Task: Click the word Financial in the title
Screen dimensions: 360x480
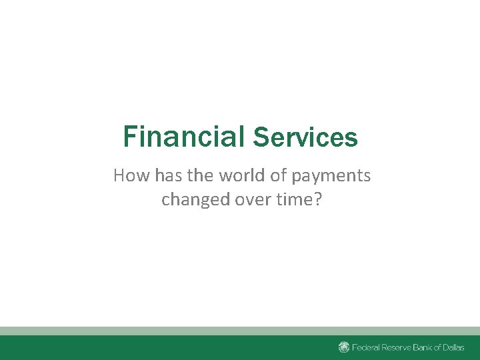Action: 184,137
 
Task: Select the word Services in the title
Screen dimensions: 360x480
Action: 305,138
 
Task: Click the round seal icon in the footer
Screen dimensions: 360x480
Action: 344,347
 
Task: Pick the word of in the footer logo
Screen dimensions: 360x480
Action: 447,347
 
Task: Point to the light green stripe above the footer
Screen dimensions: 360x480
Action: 240,331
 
